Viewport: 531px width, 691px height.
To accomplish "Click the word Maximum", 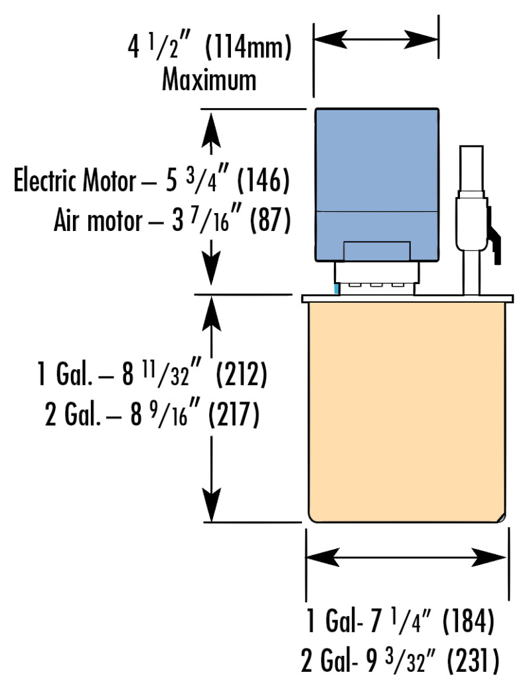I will point(210,80).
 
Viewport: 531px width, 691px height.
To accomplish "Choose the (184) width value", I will point(467,623).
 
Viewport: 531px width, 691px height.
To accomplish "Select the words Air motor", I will point(100,221).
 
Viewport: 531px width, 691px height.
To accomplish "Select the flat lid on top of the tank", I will point(408,299).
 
